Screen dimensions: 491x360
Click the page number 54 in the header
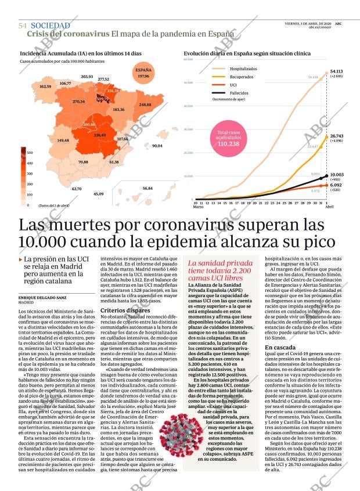point(23,26)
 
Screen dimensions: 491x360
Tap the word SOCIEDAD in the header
point(50,26)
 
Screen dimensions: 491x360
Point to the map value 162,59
point(45,86)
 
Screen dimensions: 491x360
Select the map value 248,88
point(145,104)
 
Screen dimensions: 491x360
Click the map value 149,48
point(63,140)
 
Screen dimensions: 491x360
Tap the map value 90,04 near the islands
point(157,146)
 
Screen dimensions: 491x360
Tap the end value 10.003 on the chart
point(337,175)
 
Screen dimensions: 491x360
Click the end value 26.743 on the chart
point(337,135)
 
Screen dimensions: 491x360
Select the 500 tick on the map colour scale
point(30,153)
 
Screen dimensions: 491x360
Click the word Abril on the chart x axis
point(329,207)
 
